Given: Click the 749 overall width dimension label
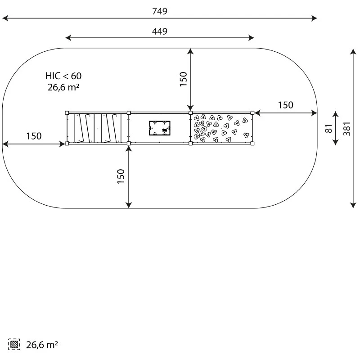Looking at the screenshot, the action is (x=160, y=11).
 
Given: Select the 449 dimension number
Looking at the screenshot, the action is (x=160, y=31).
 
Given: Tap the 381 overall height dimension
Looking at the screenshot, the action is (x=347, y=129).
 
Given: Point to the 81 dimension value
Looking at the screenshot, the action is (x=329, y=128).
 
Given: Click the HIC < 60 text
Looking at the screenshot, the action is (x=63, y=76).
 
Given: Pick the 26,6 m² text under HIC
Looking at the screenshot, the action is (x=63, y=87).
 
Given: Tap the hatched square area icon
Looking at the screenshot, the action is (x=14, y=344).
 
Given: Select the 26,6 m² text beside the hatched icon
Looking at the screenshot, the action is (x=42, y=345).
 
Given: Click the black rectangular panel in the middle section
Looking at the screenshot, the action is (x=160, y=128).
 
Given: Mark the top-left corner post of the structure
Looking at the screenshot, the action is (x=67, y=113).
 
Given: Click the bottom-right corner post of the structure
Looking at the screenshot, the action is (x=252, y=144).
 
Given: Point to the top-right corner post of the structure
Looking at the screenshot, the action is (x=252, y=113).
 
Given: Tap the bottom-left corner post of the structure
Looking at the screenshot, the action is (x=67, y=144).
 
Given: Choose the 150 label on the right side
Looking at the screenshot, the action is (x=286, y=105).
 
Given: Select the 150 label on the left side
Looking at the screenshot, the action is (x=34, y=136).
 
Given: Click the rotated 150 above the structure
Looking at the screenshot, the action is (x=184, y=79).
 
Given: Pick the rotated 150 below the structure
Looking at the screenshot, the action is (x=121, y=176).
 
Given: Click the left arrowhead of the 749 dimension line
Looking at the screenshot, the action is (x=5, y=18).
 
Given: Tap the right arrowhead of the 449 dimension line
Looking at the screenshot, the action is (x=251, y=38).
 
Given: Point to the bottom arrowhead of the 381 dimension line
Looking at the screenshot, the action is (x=353, y=205).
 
